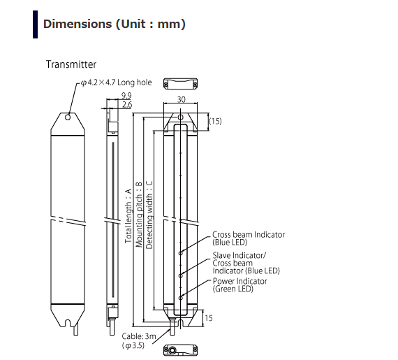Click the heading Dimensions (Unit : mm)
tap(115, 24)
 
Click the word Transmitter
tap(71, 64)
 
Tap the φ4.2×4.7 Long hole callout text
tap(116, 82)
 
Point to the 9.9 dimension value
tap(126, 96)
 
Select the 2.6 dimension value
tap(127, 104)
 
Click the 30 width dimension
tap(181, 99)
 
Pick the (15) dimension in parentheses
tap(215, 121)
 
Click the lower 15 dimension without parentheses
tap(208, 318)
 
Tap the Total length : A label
tap(128, 216)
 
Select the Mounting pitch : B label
tap(139, 215)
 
